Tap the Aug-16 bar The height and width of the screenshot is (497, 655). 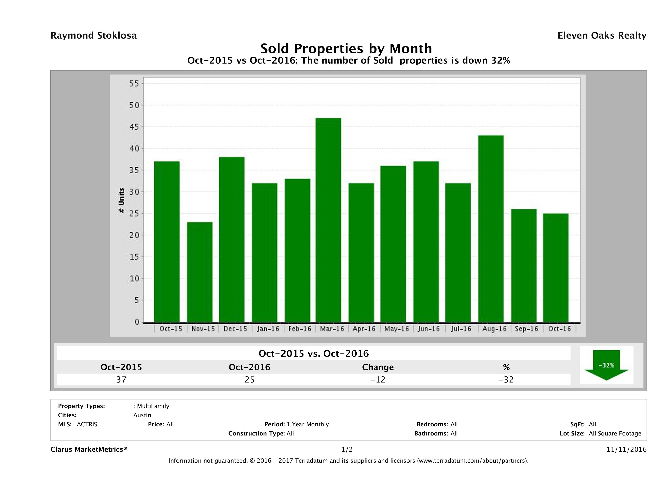point(491,228)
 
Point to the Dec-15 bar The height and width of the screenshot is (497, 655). point(232,239)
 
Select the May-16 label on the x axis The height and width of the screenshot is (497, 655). point(396,329)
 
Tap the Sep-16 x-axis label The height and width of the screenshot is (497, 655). point(526,329)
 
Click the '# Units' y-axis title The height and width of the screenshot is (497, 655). point(121,200)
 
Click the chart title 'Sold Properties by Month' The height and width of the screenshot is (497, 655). point(346,48)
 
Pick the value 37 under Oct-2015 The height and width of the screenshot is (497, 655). point(121,379)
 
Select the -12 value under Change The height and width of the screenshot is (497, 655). point(378,379)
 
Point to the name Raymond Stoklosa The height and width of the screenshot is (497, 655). point(94,36)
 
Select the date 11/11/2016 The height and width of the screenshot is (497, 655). point(626,449)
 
